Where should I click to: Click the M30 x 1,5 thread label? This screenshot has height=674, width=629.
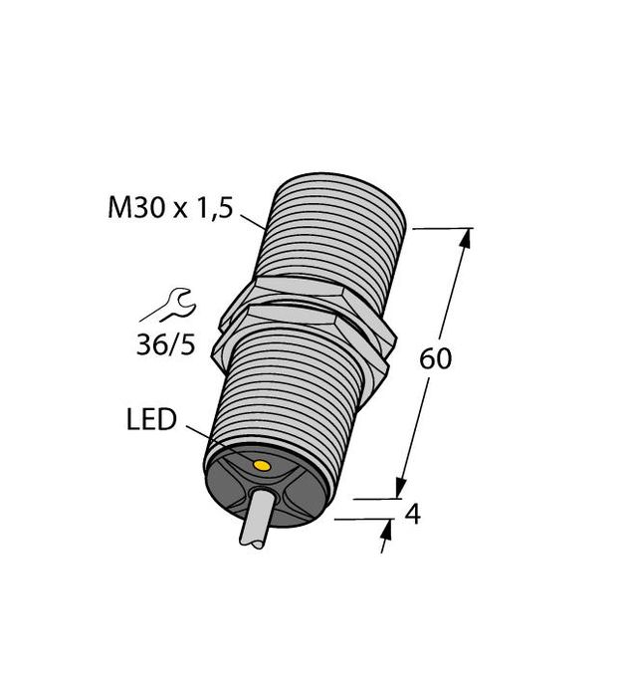point(169,209)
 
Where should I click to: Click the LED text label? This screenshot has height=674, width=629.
point(150,421)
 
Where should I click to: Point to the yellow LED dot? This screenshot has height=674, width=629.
point(262,466)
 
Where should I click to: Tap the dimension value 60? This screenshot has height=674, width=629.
point(435,358)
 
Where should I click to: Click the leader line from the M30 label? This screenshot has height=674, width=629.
point(255,220)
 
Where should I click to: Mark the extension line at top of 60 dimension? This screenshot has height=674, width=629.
point(438,228)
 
